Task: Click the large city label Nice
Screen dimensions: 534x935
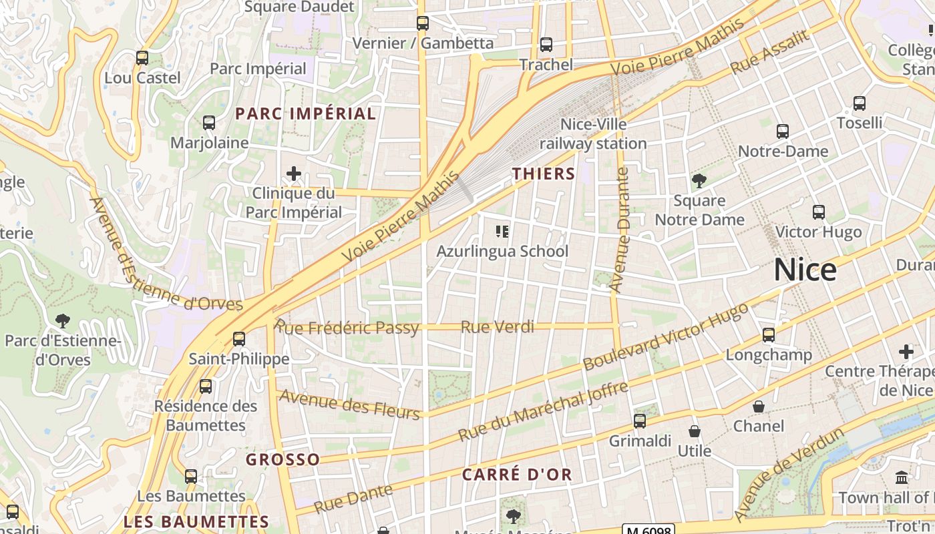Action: pyautogui.click(x=805, y=270)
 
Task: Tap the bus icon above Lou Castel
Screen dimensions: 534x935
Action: pyautogui.click(x=142, y=58)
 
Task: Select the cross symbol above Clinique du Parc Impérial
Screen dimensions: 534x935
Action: pyautogui.click(x=293, y=174)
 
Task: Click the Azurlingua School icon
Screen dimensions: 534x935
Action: pyautogui.click(x=502, y=232)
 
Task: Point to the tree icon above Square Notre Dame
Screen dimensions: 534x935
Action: pyautogui.click(x=699, y=180)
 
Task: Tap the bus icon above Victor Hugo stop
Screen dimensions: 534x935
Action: pyautogui.click(x=818, y=212)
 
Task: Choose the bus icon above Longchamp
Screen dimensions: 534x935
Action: pyautogui.click(x=769, y=335)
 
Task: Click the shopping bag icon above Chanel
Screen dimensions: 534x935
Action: pyautogui.click(x=759, y=407)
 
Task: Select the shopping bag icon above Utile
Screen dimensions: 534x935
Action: pyautogui.click(x=695, y=431)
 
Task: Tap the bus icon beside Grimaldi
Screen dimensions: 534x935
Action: pyautogui.click(x=640, y=421)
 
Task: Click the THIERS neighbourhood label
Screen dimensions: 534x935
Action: pyautogui.click(x=544, y=174)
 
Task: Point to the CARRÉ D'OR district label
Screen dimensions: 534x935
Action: pyautogui.click(x=518, y=475)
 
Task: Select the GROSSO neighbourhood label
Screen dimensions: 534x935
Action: pyautogui.click(x=283, y=460)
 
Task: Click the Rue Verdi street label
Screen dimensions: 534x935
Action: pyautogui.click(x=498, y=327)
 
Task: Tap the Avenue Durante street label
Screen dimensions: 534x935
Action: pyautogui.click(x=621, y=230)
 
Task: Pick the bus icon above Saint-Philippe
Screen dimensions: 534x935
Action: pyautogui.click(x=239, y=339)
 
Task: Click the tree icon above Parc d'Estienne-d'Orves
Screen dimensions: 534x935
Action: pyautogui.click(x=63, y=321)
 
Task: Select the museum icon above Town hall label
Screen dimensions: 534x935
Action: pyautogui.click(x=902, y=478)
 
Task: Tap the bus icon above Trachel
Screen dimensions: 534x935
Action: pyautogui.click(x=546, y=45)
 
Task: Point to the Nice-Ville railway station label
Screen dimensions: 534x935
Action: pyautogui.click(x=593, y=133)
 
